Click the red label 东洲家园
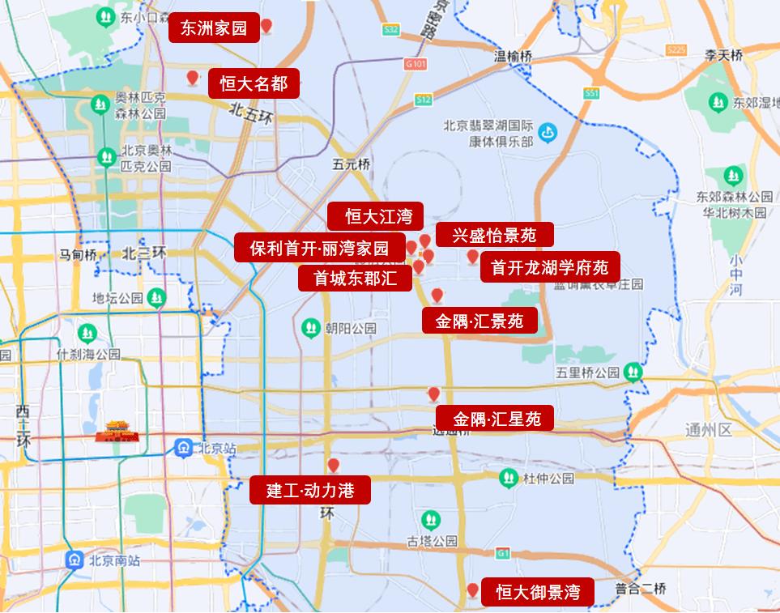[214, 28]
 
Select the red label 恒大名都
[254, 83]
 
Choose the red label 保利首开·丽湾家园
[319, 248]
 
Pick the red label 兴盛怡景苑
[494, 235]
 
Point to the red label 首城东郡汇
[356, 279]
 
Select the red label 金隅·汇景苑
[479, 321]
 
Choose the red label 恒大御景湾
[538, 591]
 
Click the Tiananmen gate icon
[117, 432]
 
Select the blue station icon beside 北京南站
[75, 560]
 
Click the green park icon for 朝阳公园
[309, 328]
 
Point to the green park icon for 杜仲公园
[509, 477]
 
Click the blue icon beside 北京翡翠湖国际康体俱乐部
[548, 130]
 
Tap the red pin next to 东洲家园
[266, 27]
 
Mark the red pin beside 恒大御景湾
[473, 590]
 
